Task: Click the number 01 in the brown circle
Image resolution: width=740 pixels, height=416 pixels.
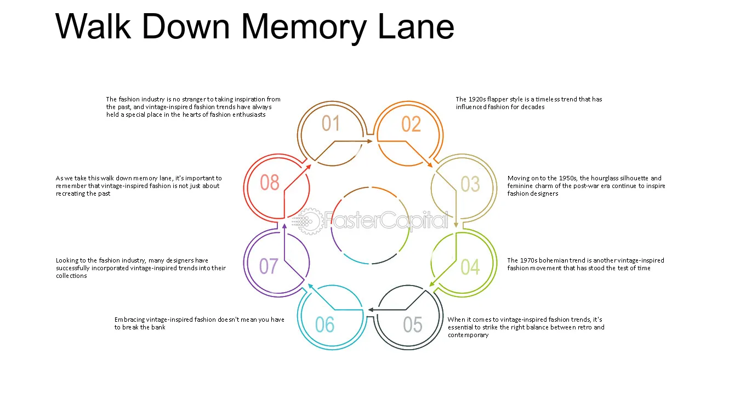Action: (x=331, y=123)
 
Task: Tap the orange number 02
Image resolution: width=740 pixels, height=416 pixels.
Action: (x=411, y=124)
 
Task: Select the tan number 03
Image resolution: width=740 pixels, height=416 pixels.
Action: (x=470, y=184)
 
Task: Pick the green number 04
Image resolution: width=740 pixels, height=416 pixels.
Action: (x=470, y=267)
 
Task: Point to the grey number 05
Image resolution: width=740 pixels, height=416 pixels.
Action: (x=413, y=324)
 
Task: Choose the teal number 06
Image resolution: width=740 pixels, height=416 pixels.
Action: (x=325, y=324)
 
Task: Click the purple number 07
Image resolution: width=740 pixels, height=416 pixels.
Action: (x=269, y=266)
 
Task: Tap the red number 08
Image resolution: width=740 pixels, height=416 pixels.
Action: (x=270, y=183)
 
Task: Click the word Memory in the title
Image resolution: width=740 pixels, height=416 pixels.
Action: (x=304, y=27)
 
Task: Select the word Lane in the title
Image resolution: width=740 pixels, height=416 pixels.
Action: (x=416, y=26)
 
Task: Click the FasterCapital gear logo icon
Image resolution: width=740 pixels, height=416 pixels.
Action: (x=309, y=221)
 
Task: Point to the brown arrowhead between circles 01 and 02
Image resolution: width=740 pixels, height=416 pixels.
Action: (x=370, y=141)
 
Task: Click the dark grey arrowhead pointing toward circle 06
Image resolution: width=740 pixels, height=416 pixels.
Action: (x=371, y=310)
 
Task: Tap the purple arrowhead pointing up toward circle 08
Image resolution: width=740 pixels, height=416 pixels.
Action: (x=284, y=226)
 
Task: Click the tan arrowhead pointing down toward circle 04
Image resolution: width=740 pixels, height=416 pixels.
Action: (x=456, y=225)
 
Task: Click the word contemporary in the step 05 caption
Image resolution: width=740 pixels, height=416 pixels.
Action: (x=468, y=335)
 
